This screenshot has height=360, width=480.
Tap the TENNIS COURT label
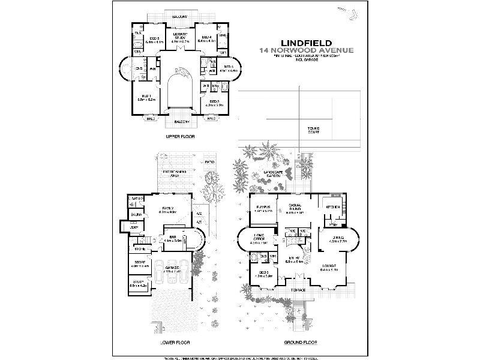[313, 130]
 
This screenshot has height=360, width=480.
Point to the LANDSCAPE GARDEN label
[269, 173]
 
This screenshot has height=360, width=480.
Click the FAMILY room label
[167, 208]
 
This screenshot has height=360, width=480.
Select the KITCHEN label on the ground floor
[333, 207]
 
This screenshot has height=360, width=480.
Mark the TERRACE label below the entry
[298, 290]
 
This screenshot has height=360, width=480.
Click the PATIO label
[209, 162]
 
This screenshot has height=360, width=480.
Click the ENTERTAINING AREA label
[174, 174]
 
